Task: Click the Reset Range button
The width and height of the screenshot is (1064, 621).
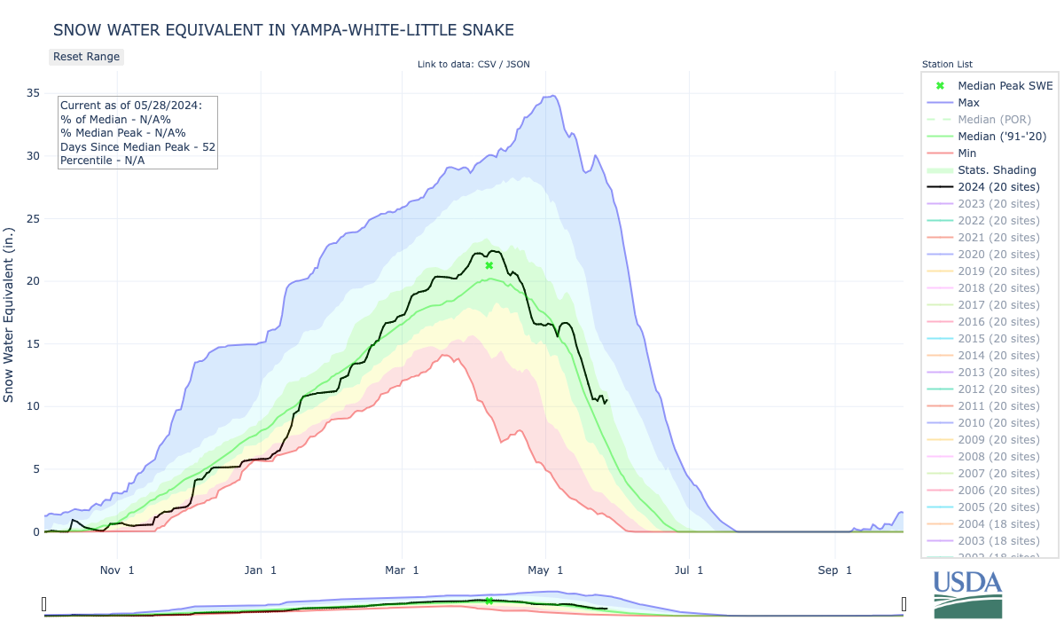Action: (x=86, y=57)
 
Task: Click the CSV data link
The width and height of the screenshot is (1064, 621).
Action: (x=486, y=64)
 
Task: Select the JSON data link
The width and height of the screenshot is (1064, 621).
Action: (x=517, y=64)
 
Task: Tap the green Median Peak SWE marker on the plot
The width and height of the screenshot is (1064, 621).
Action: (x=489, y=265)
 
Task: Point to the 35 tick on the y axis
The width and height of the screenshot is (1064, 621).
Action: (x=31, y=93)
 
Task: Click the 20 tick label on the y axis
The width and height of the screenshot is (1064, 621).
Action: (x=31, y=281)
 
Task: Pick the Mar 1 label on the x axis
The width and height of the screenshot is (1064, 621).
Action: (x=403, y=569)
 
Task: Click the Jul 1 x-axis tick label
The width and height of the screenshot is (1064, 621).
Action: (x=688, y=569)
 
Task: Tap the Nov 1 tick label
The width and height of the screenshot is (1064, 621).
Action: (x=118, y=569)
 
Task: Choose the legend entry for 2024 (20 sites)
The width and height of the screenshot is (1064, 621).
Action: (x=998, y=187)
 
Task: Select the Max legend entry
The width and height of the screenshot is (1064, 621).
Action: (x=968, y=103)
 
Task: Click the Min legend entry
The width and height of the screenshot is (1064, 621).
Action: (x=967, y=153)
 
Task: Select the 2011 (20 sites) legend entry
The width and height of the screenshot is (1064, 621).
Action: (x=998, y=406)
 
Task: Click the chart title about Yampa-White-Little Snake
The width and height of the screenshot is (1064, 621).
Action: (x=284, y=30)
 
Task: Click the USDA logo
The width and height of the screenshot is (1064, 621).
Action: (x=967, y=592)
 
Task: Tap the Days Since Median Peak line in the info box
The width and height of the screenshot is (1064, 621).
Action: (x=138, y=146)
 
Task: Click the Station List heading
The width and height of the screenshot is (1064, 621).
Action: (x=947, y=65)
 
